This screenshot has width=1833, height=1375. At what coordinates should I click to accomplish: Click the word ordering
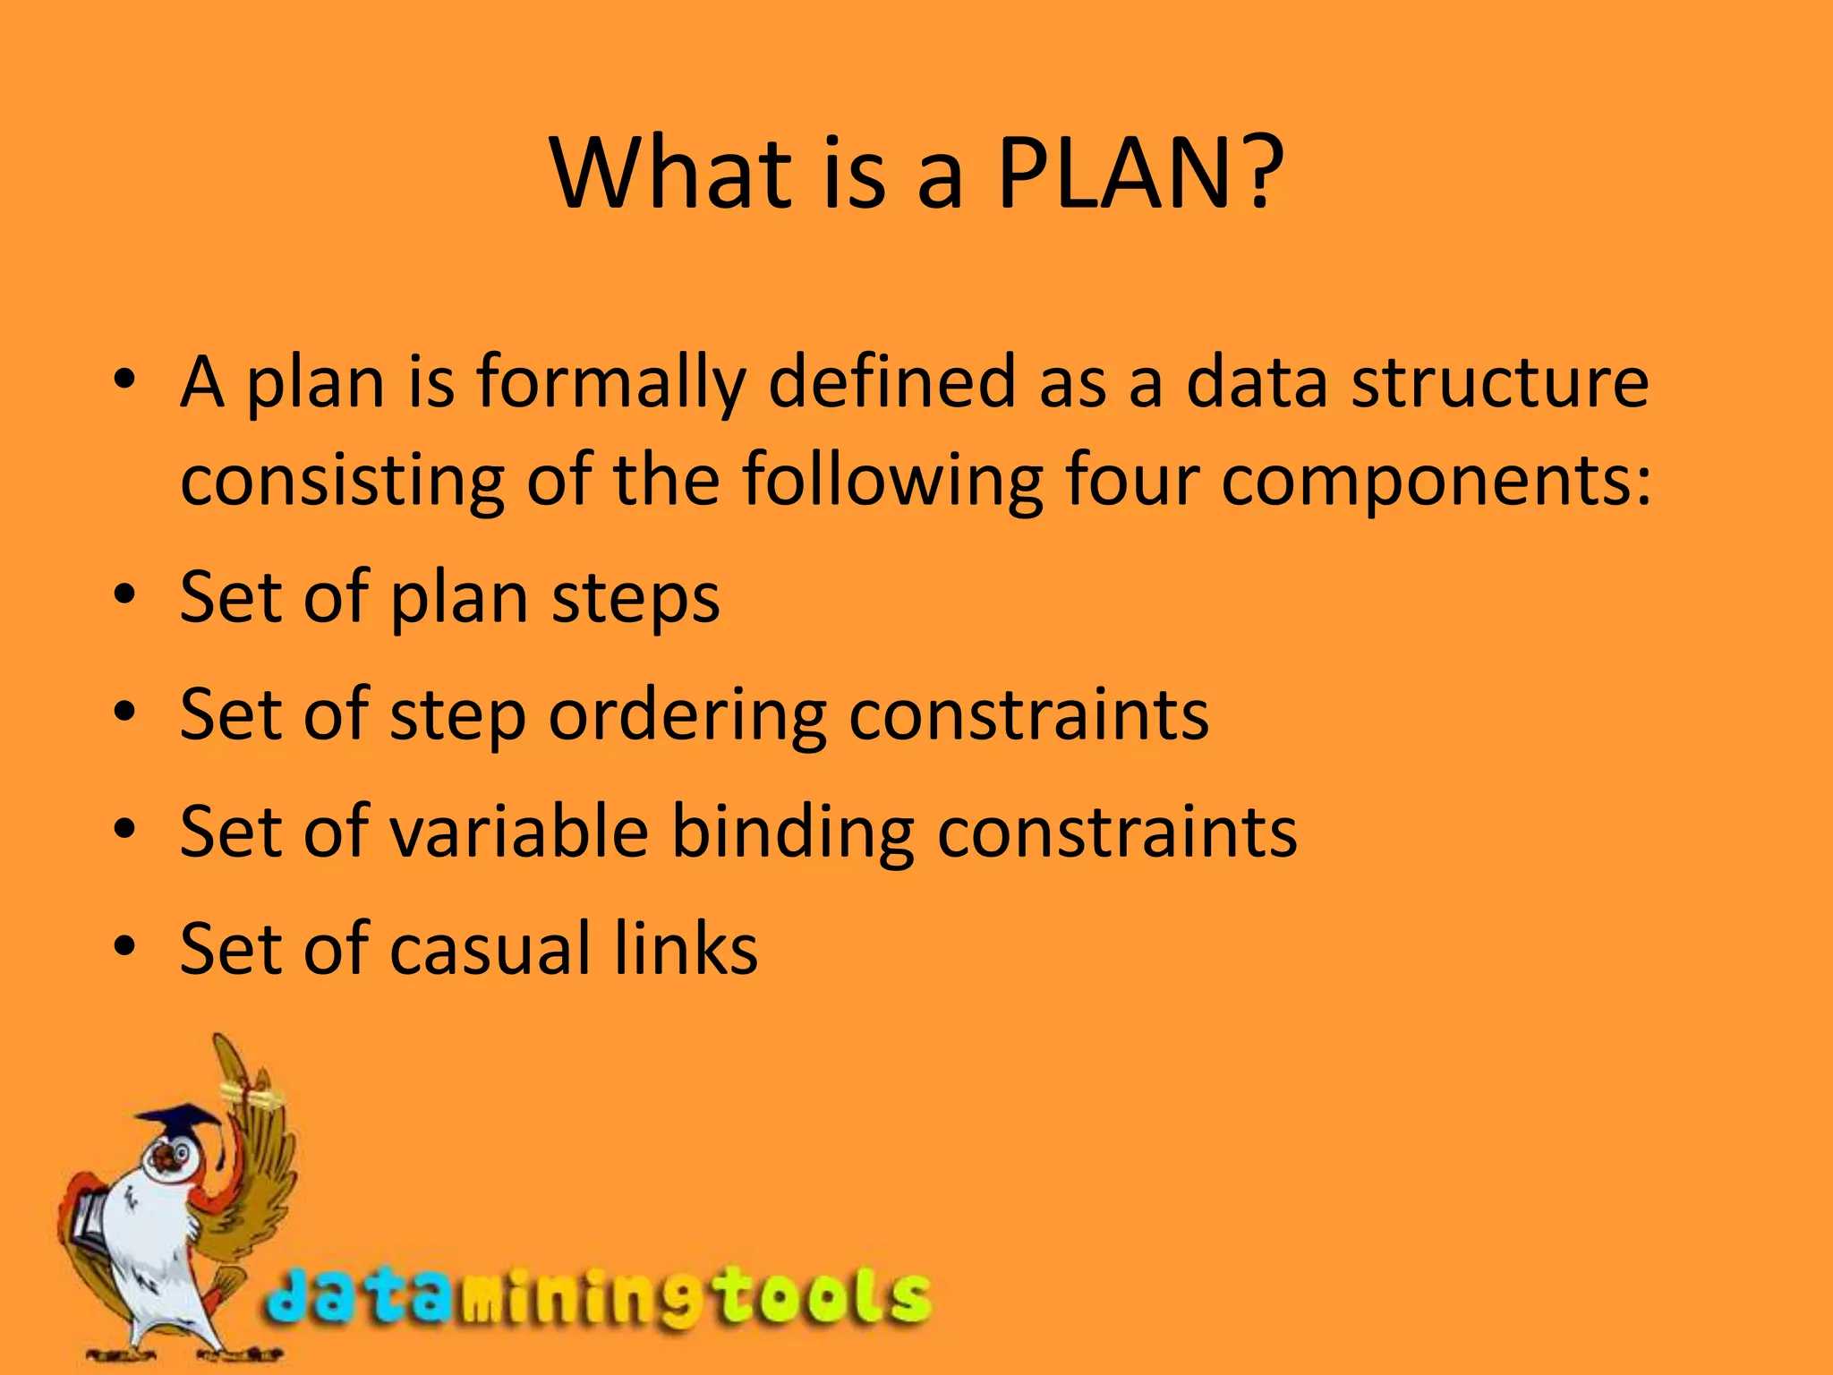687,716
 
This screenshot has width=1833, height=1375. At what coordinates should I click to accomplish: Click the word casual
490,949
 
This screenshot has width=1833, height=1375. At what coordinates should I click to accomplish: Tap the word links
686,949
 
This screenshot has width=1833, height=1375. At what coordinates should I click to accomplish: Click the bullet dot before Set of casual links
124,945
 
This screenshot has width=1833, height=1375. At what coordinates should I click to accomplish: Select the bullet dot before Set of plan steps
124,594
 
